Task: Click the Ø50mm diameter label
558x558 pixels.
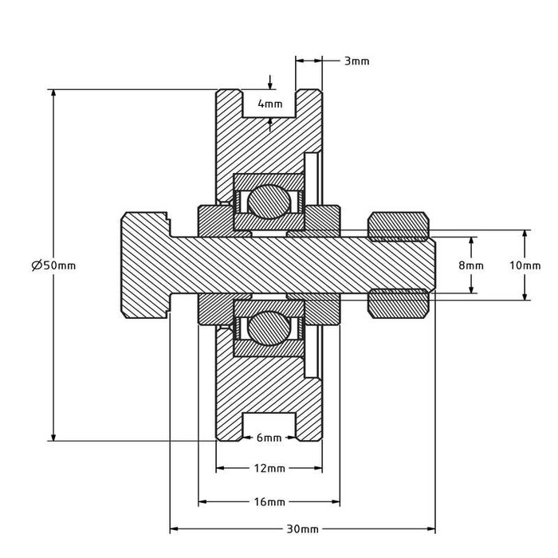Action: click(53, 265)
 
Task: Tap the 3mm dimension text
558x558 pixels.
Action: click(356, 61)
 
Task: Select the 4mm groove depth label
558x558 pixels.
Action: click(270, 104)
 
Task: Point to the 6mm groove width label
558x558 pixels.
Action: click(269, 438)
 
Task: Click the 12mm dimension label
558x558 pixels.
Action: click(269, 468)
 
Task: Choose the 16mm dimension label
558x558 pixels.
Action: click(269, 501)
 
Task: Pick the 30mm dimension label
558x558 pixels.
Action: click(302, 529)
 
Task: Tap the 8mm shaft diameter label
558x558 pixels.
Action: click(471, 265)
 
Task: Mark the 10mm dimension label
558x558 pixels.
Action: click(525, 265)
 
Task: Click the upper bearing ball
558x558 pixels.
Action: click(269, 202)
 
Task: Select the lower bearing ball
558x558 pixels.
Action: click(269, 328)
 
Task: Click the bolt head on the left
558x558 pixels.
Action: click(146, 265)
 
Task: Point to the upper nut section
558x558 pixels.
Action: click(399, 226)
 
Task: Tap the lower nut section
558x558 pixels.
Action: click(399, 304)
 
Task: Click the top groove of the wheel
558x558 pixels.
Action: click(269, 103)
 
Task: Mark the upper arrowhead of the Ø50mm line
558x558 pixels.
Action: click(53, 93)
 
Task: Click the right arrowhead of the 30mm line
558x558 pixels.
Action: click(431, 529)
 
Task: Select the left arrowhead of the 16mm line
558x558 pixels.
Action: click(202, 501)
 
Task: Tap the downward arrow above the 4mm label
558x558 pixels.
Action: click(270, 82)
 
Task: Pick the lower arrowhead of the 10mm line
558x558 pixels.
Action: click(525, 296)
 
